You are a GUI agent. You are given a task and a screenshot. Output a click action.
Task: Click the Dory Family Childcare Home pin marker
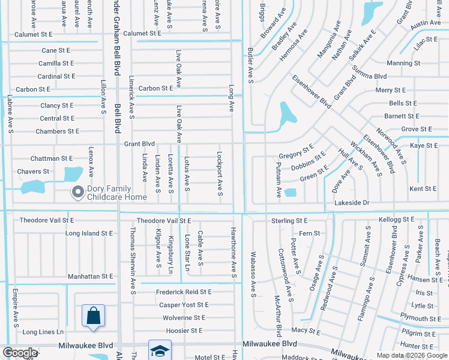point(77,193)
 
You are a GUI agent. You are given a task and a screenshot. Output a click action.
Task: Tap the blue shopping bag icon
point(93,316)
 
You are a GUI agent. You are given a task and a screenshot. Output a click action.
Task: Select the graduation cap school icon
point(160,351)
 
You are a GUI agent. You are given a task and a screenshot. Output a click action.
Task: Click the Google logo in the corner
point(20,353)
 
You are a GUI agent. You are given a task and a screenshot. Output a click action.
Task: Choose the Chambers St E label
point(57,131)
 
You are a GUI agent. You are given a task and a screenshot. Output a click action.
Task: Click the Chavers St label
point(33,172)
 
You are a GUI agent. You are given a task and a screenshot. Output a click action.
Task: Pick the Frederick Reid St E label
point(184,292)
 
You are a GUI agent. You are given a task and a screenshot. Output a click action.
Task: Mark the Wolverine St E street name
point(184,317)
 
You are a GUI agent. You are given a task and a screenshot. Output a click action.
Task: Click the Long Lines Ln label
point(43,332)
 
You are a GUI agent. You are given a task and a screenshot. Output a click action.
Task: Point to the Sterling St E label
point(289,221)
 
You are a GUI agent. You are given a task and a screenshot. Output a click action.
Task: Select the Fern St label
point(309,233)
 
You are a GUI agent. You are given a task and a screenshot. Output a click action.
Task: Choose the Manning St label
point(403,63)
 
